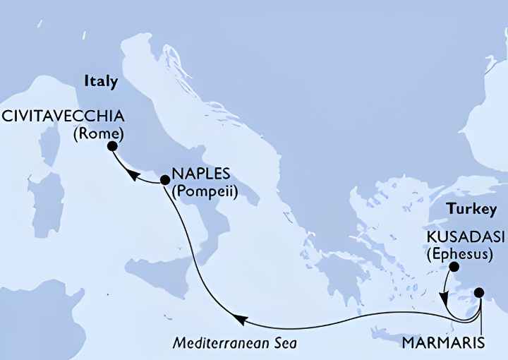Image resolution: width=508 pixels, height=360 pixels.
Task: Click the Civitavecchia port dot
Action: pyautogui.click(x=112, y=147)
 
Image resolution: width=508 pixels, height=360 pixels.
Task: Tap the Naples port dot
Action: pyautogui.click(x=165, y=181)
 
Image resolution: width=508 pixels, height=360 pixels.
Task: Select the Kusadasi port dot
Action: pyautogui.click(x=454, y=267)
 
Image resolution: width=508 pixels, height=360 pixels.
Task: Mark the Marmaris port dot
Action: pyautogui.click(x=480, y=292)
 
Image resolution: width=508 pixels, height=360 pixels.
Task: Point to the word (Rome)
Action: pyautogui.click(x=99, y=132)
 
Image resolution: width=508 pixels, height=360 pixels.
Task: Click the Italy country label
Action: pyautogui.click(x=100, y=82)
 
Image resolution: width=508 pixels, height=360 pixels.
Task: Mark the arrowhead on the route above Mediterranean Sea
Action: pyautogui.click(x=240, y=320)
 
